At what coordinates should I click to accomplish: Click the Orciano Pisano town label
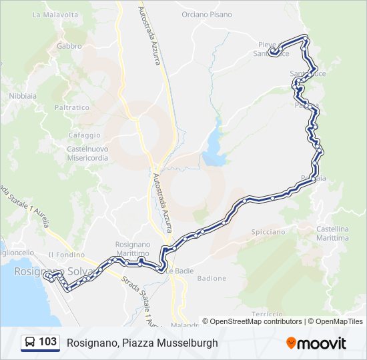[x=207, y=15]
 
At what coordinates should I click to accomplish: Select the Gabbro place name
[x=69, y=47]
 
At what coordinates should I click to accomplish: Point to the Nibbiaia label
[x=23, y=96]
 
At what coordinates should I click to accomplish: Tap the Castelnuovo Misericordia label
[x=87, y=154]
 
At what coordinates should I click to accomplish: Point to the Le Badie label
[x=179, y=271]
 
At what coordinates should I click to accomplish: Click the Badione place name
[x=212, y=278]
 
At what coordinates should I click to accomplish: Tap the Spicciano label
[x=268, y=231]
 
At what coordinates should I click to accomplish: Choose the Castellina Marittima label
[x=332, y=233]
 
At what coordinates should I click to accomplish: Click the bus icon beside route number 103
[x=30, y=343]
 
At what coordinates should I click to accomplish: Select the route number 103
[x=47, y=343]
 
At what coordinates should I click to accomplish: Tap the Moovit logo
[x=316, y=343]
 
